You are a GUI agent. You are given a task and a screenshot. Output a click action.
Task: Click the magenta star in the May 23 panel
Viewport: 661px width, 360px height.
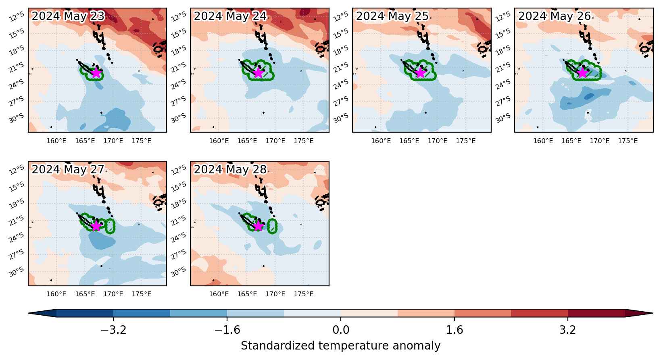96,73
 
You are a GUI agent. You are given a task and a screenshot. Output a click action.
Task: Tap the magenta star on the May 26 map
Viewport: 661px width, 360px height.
582,73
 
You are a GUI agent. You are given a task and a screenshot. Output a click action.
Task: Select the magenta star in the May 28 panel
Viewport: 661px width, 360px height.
258,226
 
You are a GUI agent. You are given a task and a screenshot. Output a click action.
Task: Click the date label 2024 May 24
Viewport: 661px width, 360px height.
230,16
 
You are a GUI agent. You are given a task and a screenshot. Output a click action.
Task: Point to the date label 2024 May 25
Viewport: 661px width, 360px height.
392,16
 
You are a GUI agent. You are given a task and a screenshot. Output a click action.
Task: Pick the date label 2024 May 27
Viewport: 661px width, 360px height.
68,169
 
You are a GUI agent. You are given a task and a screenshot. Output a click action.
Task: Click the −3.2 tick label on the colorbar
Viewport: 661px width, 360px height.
113,330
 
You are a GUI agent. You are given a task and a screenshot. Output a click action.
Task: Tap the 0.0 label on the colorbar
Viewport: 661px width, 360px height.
341,330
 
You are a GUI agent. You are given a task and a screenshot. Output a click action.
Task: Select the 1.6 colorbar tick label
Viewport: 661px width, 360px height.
455,330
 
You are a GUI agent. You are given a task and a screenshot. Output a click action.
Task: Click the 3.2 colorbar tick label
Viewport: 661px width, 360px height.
568,330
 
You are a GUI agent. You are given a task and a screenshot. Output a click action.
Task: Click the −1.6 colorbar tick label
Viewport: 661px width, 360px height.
227,330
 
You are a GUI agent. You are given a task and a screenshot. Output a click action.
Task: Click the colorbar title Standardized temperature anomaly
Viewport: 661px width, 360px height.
340,345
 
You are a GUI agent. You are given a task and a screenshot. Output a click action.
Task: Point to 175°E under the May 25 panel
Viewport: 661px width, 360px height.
466,141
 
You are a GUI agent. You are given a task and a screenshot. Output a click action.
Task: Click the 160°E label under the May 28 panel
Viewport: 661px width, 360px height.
219,294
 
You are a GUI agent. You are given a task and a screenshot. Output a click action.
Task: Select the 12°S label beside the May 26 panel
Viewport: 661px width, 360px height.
503,17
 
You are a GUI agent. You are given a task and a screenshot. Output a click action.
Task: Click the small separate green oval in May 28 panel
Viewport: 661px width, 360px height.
272,226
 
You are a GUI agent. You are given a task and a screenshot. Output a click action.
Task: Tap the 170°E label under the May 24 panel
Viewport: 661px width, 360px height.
275,141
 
